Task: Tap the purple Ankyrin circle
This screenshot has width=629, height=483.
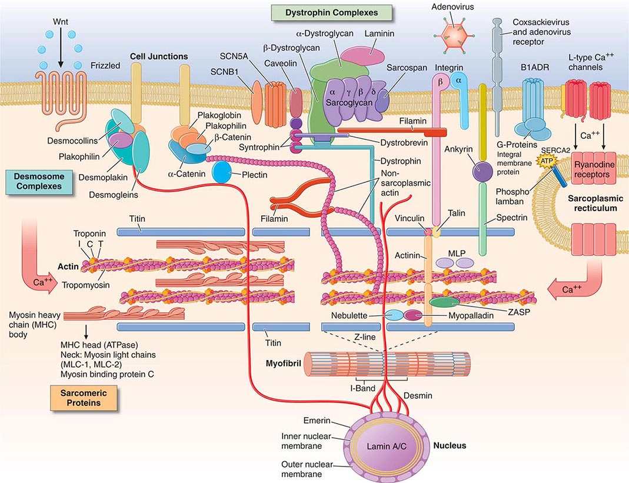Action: coord(483,172)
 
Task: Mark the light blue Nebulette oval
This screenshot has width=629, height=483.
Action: coord(394,316)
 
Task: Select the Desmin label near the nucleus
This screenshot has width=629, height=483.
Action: coord(418,396)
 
